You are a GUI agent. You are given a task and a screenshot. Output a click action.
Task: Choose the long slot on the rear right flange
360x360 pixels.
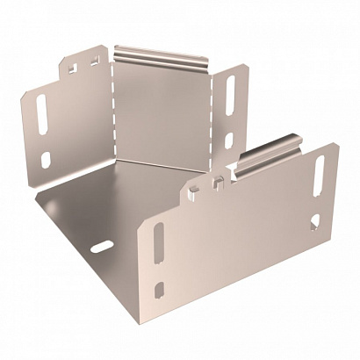[232, 96]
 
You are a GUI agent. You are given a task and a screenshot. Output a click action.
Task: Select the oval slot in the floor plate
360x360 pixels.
[104, 244]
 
